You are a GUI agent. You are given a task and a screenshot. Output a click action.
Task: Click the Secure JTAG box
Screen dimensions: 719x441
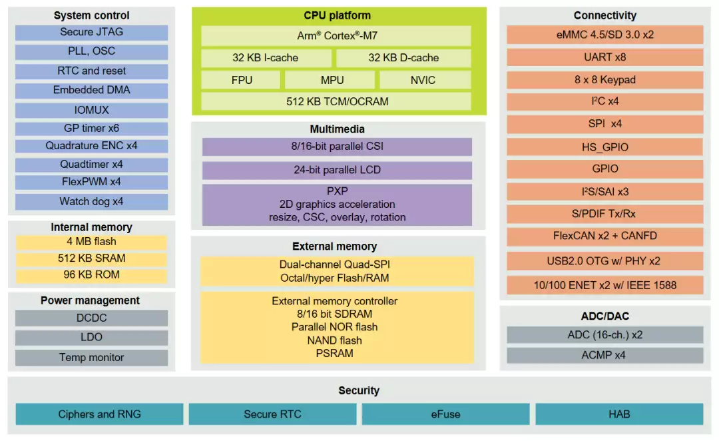tap(91, 33)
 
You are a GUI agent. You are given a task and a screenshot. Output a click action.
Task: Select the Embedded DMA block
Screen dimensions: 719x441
tap(91, 91)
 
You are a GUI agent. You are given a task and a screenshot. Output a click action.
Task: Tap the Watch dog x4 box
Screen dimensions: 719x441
tap(91, 201)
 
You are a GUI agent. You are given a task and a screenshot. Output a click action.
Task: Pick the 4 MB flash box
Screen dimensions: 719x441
tap(91, 242)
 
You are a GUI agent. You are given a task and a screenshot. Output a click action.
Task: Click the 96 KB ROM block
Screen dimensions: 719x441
tap(91, 275)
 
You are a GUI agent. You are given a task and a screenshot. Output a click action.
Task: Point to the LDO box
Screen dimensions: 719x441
tap(91, 337)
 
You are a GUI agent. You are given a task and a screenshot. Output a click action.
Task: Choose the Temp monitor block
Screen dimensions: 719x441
tap(91, 358)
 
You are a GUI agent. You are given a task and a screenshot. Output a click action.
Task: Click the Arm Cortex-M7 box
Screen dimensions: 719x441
tap(336, 36)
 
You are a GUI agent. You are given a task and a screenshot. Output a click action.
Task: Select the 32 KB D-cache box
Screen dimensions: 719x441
tap(403, 58)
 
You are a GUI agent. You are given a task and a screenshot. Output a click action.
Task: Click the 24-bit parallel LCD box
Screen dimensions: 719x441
tap(337, 171)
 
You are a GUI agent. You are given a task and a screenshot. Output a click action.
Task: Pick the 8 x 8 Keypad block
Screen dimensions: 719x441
tap(604, 80)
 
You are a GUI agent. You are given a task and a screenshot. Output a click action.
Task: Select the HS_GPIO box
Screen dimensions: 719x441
tap(604, 147)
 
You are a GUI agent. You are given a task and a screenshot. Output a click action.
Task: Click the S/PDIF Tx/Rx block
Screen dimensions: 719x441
tap(604, 214)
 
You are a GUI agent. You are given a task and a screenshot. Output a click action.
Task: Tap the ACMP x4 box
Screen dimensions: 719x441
tap(604, 355)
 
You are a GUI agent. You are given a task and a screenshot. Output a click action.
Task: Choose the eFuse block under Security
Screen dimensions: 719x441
tap(445, 414)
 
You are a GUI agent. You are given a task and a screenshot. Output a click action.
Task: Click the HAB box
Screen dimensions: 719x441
tap(619, 414)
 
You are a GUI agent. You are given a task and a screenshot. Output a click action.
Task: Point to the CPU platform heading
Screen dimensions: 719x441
tap(337, 15)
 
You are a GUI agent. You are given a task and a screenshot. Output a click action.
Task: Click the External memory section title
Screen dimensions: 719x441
tap(335, 246)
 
